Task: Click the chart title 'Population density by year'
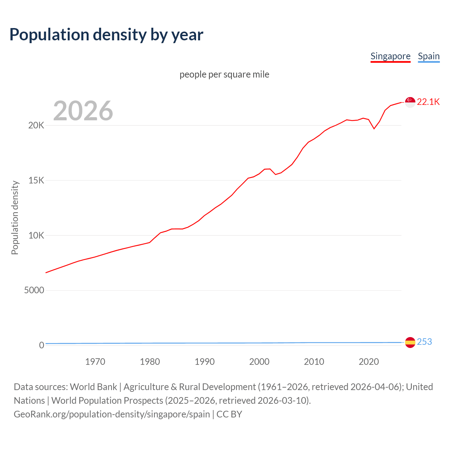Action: (106, 34)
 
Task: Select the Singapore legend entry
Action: (390, 56)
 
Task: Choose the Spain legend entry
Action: (429, 56)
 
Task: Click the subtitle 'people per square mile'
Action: (224, 74)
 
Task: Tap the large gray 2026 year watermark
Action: (83, 111)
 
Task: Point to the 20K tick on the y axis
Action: (36, 126)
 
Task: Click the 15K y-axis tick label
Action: (36, 181)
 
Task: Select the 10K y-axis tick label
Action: (36, 235)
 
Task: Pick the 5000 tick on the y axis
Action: (34, 290)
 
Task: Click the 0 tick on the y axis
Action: (41, 345)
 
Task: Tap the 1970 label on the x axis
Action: (95, 362)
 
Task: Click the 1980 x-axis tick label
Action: (150, 362)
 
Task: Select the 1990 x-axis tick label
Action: (205, 362)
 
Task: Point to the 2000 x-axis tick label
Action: (259, 362)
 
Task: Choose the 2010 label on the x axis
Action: (314, 362)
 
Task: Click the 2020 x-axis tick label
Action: (369, 362)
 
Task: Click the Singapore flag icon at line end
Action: (410, 102)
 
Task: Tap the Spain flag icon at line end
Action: (410, 342)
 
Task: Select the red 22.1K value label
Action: (428, 102)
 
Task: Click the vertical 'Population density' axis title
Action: (15, 217)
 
